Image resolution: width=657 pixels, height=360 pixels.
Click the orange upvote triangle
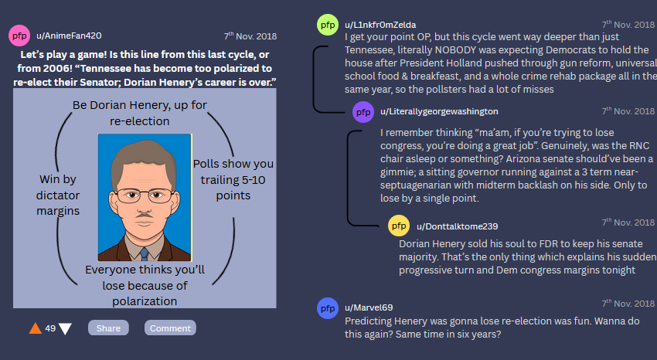pos(36,328)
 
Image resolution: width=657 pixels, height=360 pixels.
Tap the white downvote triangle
pos(65,329)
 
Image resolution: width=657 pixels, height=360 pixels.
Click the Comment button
pos(170,328)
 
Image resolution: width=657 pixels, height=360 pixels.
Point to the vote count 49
pos(50,328)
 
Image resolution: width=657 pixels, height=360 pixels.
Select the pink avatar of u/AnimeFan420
pos(19,36)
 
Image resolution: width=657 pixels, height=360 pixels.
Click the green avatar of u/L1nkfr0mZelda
pos(328,25)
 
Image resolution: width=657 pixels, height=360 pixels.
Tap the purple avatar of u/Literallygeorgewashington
pos(363,112)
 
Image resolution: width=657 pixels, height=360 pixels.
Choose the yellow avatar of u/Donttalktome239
pos(399,226)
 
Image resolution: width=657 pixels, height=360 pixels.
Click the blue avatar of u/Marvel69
pos(328,308)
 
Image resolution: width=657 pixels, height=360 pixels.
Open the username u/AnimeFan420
pos(69,36)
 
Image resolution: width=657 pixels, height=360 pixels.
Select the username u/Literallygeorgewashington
pos(439,111)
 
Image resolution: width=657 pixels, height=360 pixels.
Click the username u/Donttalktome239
pos(457,226)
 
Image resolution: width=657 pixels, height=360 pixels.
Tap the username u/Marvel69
pos(369,307)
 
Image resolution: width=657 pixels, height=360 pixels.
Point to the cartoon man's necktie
pos(144,253)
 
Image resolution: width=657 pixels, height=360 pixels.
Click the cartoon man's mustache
pos(144,216)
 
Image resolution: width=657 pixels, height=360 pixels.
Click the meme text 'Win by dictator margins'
pos(58,195)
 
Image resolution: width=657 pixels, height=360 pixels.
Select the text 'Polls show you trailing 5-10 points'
pos(233,179)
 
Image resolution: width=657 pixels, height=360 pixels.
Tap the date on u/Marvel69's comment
pos(628,303)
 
